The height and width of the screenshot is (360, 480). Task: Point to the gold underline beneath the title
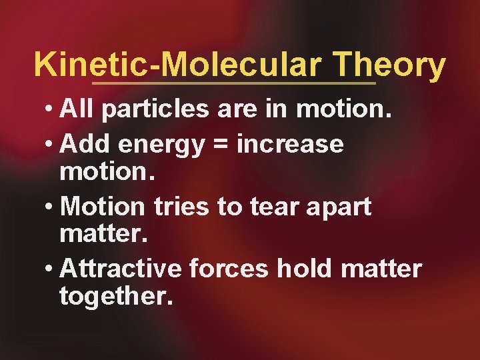(x=233, y=84)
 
